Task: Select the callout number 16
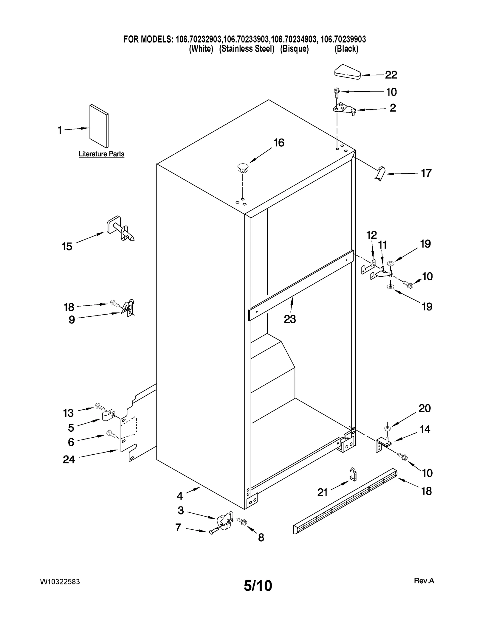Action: tap(279, 143)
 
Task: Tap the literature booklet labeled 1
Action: tap(99, 126)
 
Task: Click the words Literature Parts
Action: tap(101, 154)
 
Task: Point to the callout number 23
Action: tap(290, 319)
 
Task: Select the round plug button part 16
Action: tap(243, 168)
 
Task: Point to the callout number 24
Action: tap(69, 460)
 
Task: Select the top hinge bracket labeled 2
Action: tap(344, 109)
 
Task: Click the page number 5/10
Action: tap(258, 586)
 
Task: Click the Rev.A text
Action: tap(424, 581)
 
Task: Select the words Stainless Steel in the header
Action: tap(247, 49)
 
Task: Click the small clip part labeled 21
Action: tap(353, 474)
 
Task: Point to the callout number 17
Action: tap(426, 173)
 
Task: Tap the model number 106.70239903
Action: tap(343, 39)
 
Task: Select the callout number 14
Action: tap(425, 429)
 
